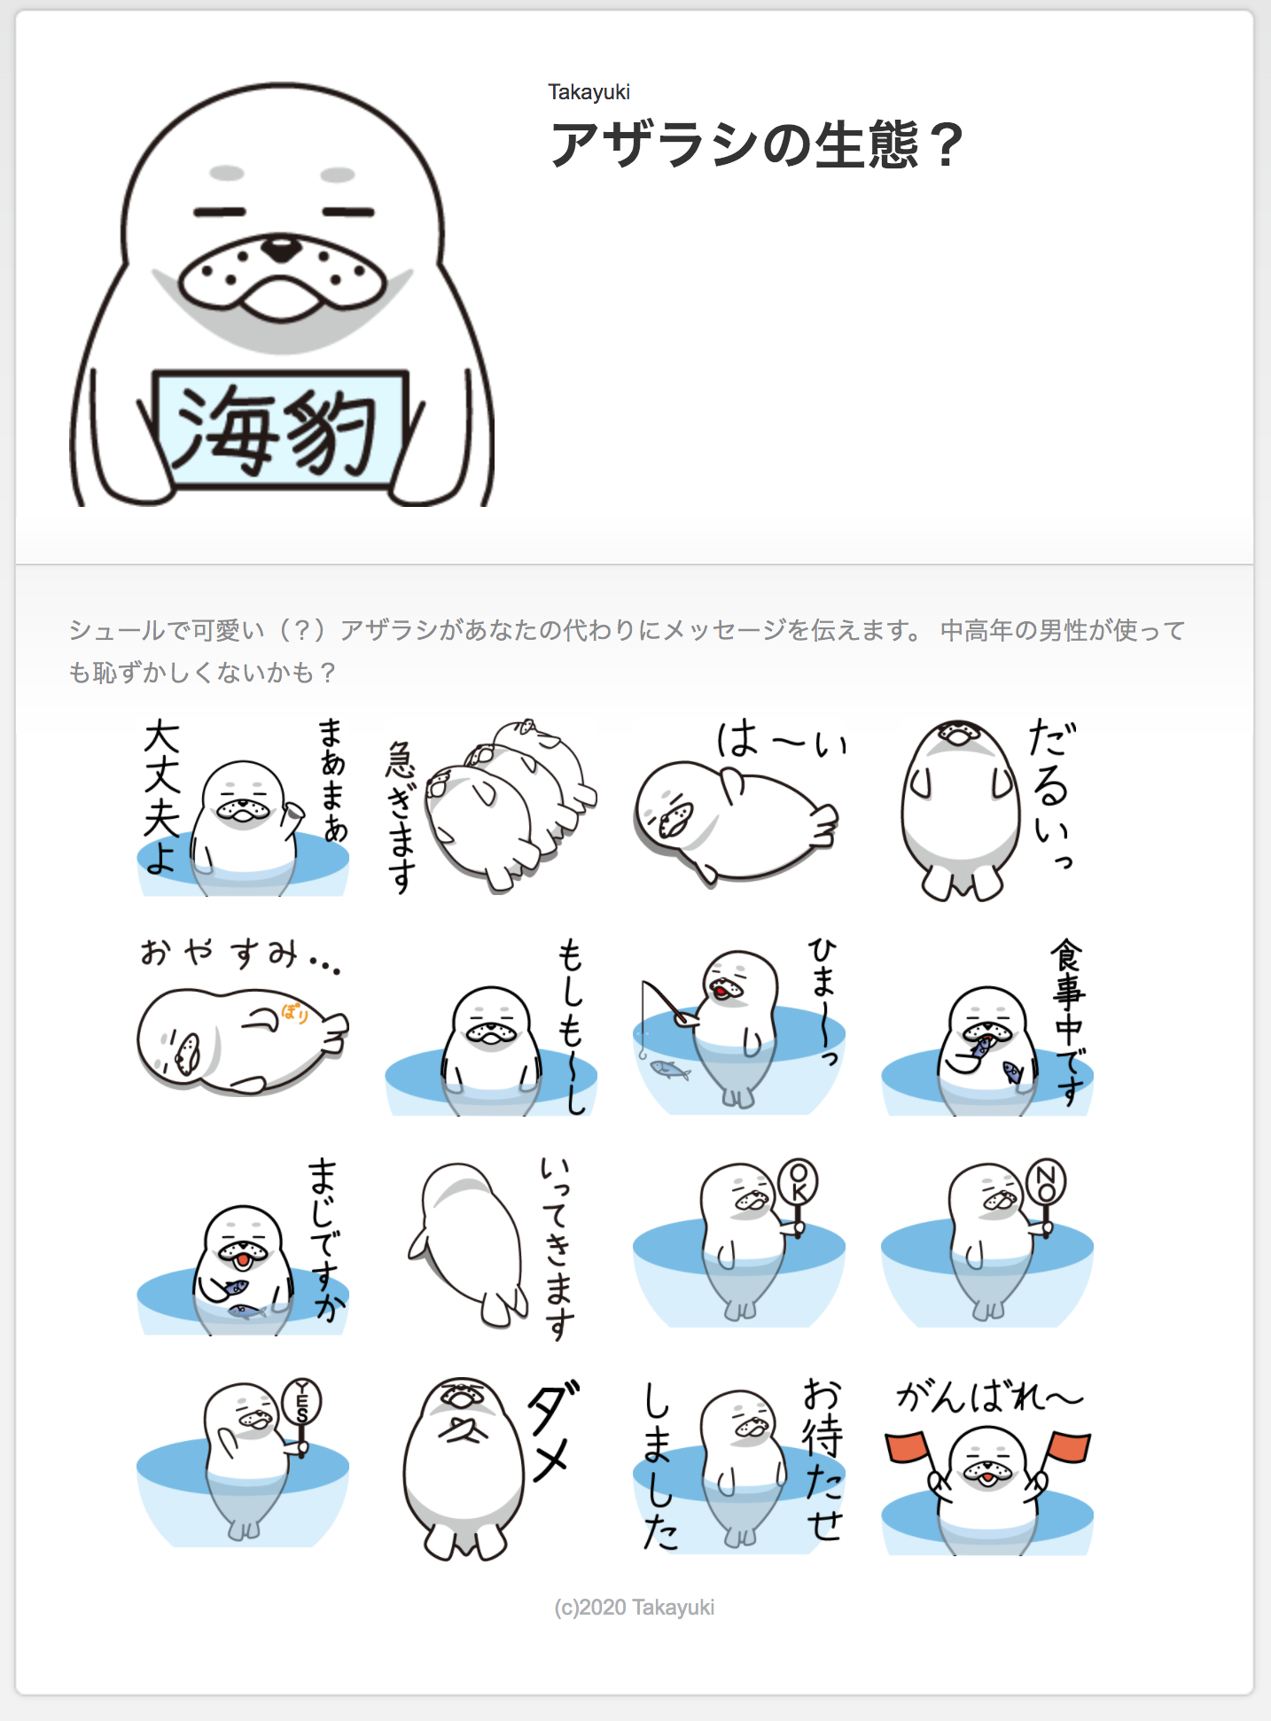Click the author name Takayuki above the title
(x=589, y=92)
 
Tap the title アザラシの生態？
(x=756, y=144)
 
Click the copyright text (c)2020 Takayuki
(x=635, y=1608)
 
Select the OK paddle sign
(x=798, y=1182)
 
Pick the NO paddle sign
(x=1046, y=1182)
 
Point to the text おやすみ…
(x=240, y=954)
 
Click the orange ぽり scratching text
(x=295, y=1013)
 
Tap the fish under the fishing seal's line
(x=671, y=1070)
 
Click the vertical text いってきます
(x=558, y=1248)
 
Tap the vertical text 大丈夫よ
(x=162, y=797)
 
